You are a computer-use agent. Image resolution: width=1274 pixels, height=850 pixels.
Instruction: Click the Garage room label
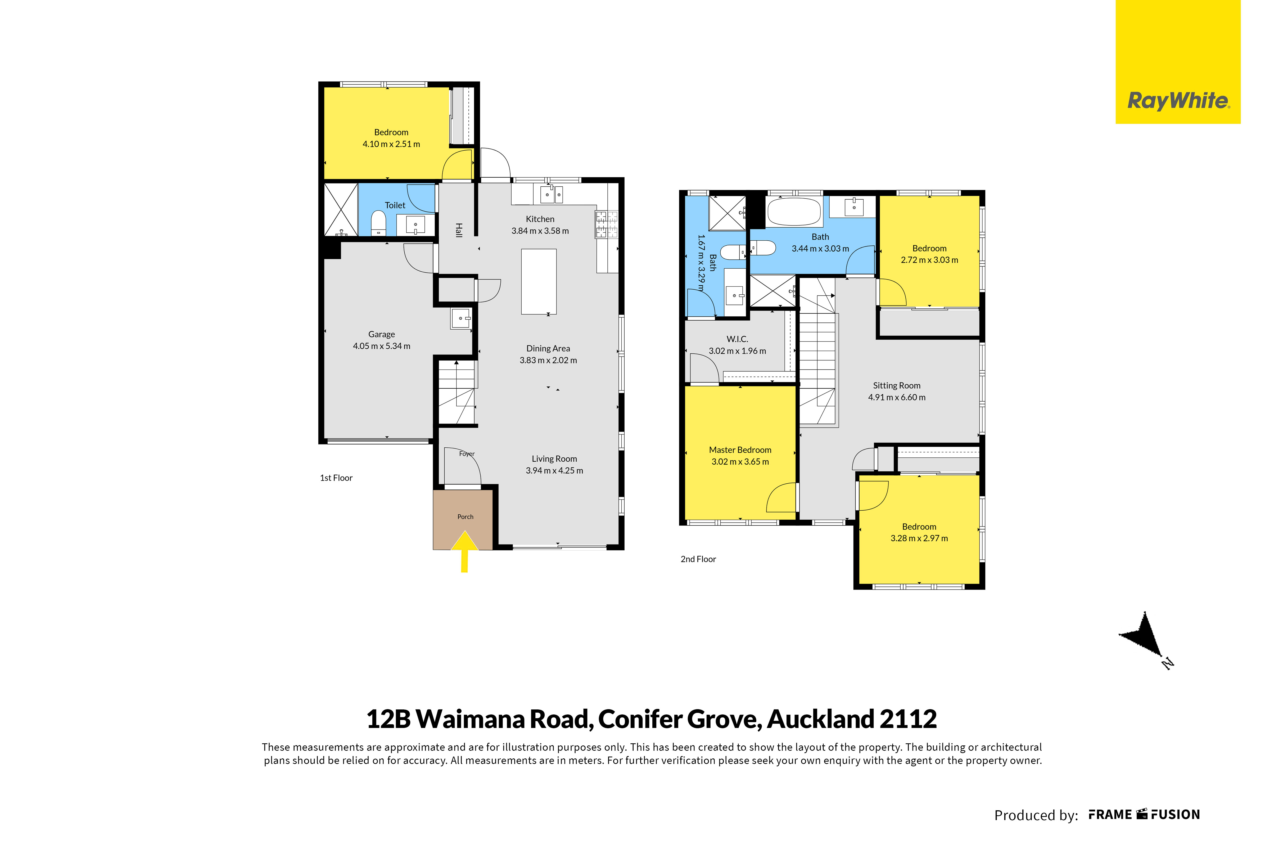(x=382, y=335)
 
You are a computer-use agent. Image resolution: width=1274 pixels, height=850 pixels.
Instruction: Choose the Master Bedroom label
(x=740, y=450)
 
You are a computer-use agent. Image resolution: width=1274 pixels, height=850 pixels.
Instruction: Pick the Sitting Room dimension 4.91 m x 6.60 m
(x=897, y=397)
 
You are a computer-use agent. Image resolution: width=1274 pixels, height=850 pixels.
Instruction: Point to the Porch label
(x=466, y=517)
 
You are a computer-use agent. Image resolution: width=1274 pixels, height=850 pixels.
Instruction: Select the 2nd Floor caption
(x=698, y=559)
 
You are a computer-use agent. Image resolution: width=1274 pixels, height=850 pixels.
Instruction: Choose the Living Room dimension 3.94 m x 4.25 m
(x=554, y=471)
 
